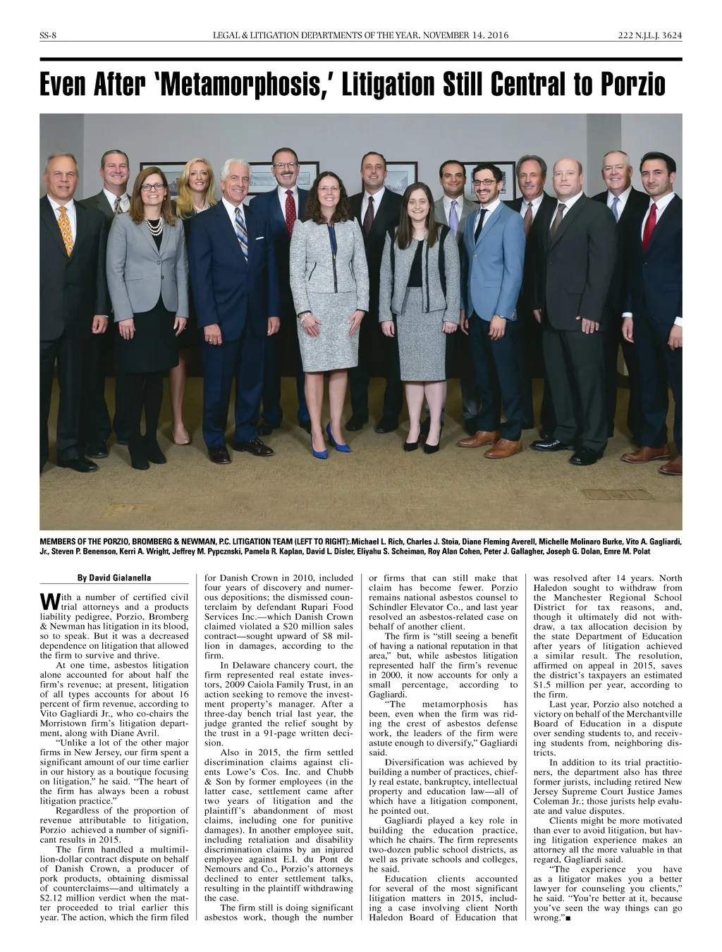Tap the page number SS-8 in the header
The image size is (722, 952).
(x=49, y=36)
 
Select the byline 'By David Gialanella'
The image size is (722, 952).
(x=114, y=578)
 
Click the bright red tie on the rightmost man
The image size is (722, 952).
(x=649, y=226)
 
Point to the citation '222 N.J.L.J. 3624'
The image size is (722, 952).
(x=647, y=36)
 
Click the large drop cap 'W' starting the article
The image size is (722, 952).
(x=48, y=602)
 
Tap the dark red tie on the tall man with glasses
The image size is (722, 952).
(x=290, y=212)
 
